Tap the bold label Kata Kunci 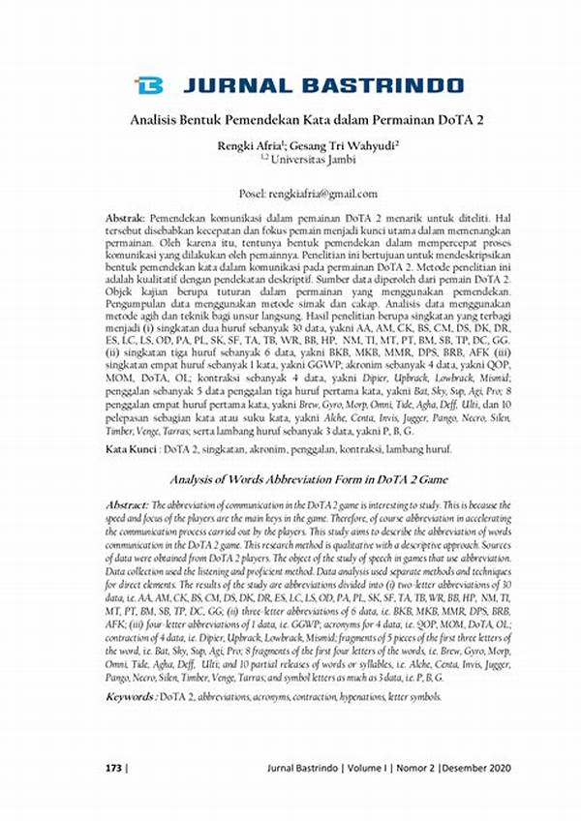132,451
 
